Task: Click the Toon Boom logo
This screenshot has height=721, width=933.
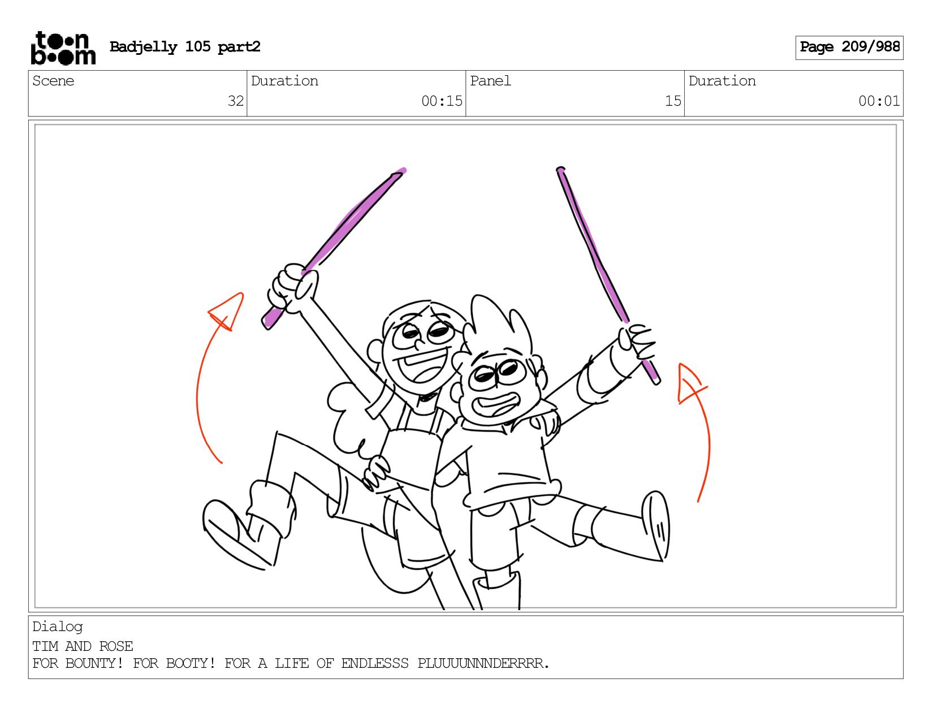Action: (63, 48)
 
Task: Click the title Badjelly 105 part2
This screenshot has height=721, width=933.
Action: (185, 47)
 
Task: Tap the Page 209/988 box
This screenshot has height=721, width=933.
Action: (849, 48)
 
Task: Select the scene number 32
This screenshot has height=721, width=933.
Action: (236, 101)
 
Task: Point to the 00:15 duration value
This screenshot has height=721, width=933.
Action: (442, 101)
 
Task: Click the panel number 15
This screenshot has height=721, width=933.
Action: (673, 101)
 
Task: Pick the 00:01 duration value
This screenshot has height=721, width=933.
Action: (879, 101)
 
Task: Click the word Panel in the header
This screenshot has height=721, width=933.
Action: (490, 81)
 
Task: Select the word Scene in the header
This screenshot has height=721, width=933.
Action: (53, 81)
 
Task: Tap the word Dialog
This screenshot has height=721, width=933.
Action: (58, 627)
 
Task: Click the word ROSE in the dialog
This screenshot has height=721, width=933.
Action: (116, 646)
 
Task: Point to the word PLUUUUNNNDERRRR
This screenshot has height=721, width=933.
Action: (483, 663)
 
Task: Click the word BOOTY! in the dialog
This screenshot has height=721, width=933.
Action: (191, 663)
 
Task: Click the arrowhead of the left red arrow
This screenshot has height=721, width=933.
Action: (226, 312)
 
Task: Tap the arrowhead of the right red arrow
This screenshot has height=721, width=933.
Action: (691, 383)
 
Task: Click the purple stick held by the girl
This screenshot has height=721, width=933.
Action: (334, 248)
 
